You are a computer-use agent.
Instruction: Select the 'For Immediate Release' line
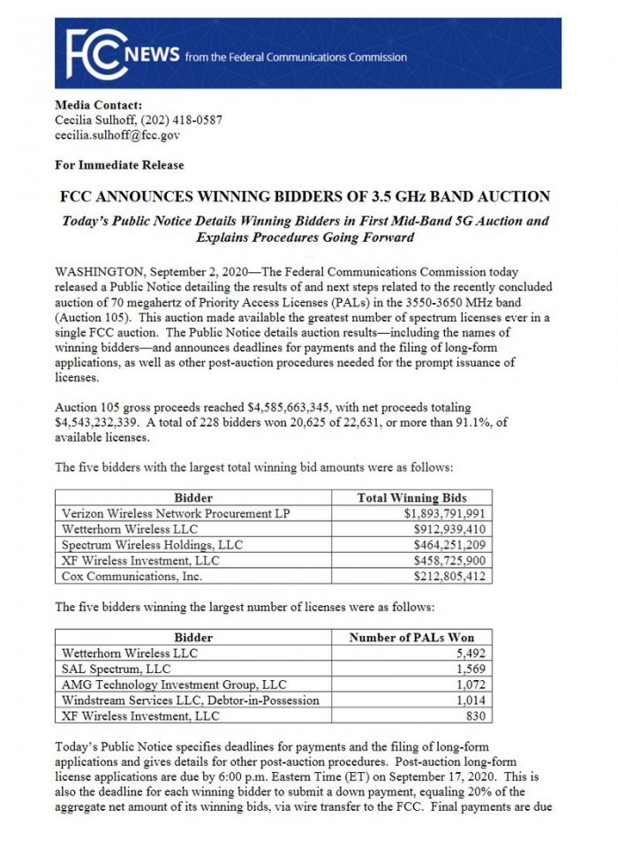pyautogui.click(x=119, y=164)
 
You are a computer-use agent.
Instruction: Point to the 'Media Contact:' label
pyautogui.click(x=98, y=105)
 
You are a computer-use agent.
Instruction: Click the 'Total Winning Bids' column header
pyautogui.click(x=411, y=497)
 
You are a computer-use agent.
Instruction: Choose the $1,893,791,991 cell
pyautogui.click(x=445, y=513)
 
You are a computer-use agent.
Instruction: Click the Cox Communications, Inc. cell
pyautogui.click(x=132, y=576)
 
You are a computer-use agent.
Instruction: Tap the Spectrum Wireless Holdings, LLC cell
pyautogui.click(x=152, y=545)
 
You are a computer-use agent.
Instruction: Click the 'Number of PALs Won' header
pyautogui.click(x=411, y=637)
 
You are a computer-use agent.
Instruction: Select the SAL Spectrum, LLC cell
pyautogui.click(x=116, y=669)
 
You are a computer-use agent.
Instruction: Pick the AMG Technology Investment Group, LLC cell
pyautogui.click(x=174, y=684)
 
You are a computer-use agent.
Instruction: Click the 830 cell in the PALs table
pyautogui.click(x=477, y=716)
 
